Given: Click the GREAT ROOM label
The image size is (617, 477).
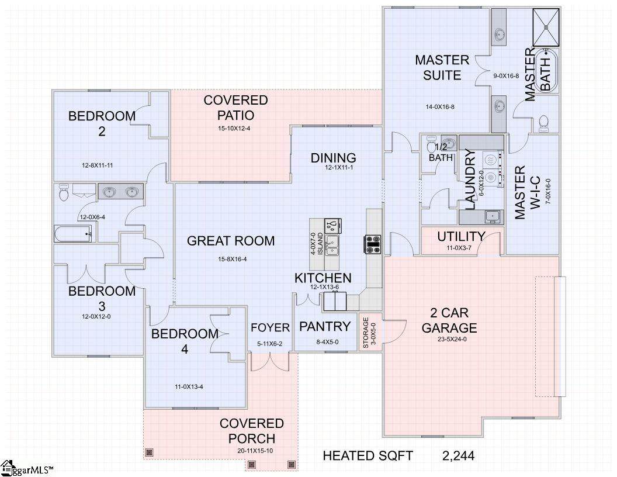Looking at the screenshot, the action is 231,241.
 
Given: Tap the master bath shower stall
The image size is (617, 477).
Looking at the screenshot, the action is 546,27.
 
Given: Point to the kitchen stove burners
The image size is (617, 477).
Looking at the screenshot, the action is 372,244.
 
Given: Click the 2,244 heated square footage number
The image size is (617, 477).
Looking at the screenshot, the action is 459,456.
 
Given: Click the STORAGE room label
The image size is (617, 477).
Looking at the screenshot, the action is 366,333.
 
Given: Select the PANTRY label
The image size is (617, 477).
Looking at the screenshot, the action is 325,327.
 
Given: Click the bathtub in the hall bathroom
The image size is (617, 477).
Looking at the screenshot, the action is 73,234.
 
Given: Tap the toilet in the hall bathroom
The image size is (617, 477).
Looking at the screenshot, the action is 64,192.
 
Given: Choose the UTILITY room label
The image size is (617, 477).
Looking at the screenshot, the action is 461,237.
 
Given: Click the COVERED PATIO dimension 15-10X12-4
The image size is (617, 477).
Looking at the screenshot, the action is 234,128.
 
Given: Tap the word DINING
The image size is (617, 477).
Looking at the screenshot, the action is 333,158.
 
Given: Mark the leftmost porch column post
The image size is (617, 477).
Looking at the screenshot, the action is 149,452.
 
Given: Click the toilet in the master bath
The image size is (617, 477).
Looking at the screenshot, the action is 544,124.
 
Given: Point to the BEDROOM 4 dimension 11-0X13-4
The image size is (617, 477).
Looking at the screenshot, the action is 189,387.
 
